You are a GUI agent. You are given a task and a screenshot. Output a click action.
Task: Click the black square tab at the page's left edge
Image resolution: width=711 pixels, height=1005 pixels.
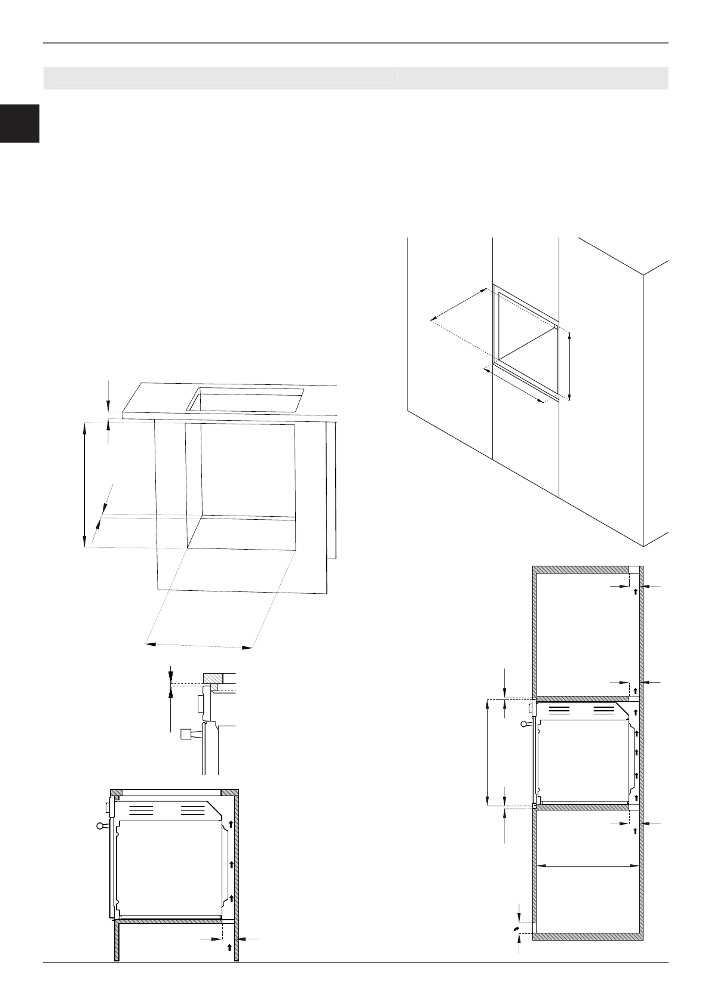(x=19, y=124)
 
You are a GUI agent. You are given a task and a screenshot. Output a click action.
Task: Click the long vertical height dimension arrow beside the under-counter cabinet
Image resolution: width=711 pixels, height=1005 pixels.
(x=84, y=483)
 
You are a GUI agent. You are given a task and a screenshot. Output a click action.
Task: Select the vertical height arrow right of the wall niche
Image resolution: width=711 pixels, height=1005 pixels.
(x=569, y=366)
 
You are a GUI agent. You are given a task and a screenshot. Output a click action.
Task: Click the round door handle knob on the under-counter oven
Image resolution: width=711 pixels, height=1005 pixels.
(x=100, y=826)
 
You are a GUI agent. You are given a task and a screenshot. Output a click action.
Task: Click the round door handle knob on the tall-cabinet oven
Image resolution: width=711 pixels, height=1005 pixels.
(x=525, y=724)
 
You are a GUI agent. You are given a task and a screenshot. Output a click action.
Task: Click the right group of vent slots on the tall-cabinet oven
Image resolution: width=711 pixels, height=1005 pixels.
(x=603, y=710)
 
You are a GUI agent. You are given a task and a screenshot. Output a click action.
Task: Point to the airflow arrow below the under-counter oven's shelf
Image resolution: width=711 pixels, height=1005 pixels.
(x=229, y=947)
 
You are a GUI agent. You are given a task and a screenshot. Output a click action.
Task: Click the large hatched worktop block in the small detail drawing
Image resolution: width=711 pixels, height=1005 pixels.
(x=212, y=679)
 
